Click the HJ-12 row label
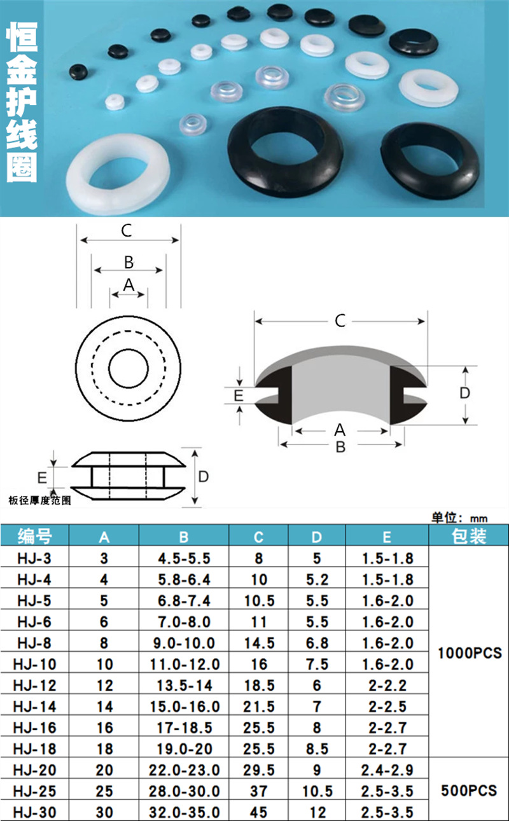click(x=34, y=686)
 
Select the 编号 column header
click(x=34, y=537)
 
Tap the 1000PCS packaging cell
click(x=470, y=653)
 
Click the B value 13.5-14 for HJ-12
click(x=184, y=686)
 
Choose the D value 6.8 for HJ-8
click(x=317, y=643)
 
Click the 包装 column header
click(x=469, y=536)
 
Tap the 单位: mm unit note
click(x=459, y=518)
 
